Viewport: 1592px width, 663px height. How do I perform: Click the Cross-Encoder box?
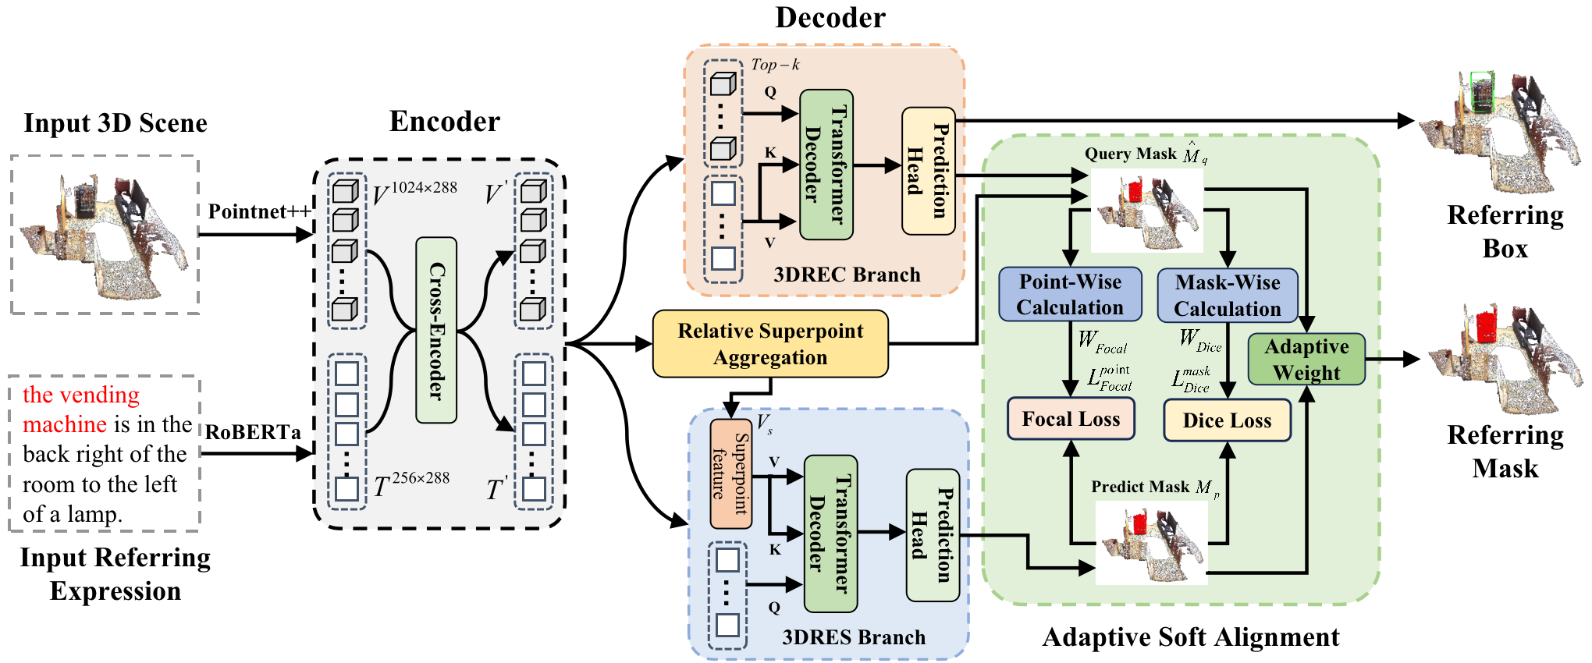(x=436, y=330)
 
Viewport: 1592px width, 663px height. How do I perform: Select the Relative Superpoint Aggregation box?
(x=770, y=344)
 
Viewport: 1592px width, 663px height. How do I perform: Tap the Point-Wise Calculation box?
(x=1070, y=294)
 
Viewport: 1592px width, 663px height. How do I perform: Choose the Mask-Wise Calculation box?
(x=1228, y=295)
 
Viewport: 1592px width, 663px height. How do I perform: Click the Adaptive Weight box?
(x=1306, y=359)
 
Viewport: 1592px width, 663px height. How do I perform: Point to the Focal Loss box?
(x=1071, y=419)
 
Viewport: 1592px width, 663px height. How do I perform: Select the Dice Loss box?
(x=1227, y=420)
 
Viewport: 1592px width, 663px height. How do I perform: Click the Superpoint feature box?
(x=730, y=474)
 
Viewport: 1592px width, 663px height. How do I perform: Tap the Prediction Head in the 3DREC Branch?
(x=929, y=171)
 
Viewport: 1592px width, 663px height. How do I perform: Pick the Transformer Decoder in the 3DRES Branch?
(x=830, y=534)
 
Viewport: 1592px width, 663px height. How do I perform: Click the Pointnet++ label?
(x=259, y=212)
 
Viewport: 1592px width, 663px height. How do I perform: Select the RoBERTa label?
(x=253, y=432)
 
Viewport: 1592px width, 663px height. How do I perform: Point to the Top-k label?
(x=775, y=65)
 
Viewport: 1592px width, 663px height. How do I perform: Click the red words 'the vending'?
(x=81, y=395)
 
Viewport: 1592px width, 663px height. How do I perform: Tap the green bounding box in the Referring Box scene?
(x=1481, y=92)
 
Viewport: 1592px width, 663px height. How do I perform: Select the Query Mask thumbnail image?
(x=1146, y=211)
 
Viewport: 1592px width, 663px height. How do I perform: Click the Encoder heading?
(x=444, y=122)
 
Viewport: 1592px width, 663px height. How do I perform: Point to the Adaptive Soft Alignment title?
(x=1191, y=638)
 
